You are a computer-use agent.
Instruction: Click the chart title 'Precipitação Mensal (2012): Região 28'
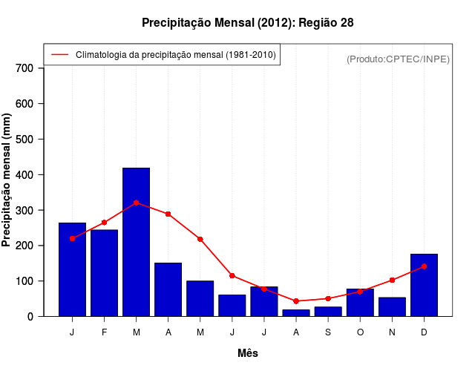(247, 23)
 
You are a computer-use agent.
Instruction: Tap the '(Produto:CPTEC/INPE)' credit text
(398, 59)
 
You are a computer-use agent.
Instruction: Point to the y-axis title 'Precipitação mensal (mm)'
(7, 180)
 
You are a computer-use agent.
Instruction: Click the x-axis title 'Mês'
(248, 353)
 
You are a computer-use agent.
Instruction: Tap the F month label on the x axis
(104, 332)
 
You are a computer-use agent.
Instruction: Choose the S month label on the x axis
(327, 332)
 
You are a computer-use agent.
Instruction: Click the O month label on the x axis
(360, 332)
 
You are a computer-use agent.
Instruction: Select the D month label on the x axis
(424, 332)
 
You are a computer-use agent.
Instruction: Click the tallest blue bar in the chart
(136, 242)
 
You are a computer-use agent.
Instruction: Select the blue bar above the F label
(104, 273)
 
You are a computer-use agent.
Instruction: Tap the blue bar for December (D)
(424, 285)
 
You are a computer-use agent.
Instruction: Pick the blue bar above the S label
(327, 312)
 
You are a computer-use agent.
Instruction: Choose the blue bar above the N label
(392, 307)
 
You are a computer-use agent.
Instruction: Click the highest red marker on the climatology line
(136, 203)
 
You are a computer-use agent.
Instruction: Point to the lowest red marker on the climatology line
(295, 301)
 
